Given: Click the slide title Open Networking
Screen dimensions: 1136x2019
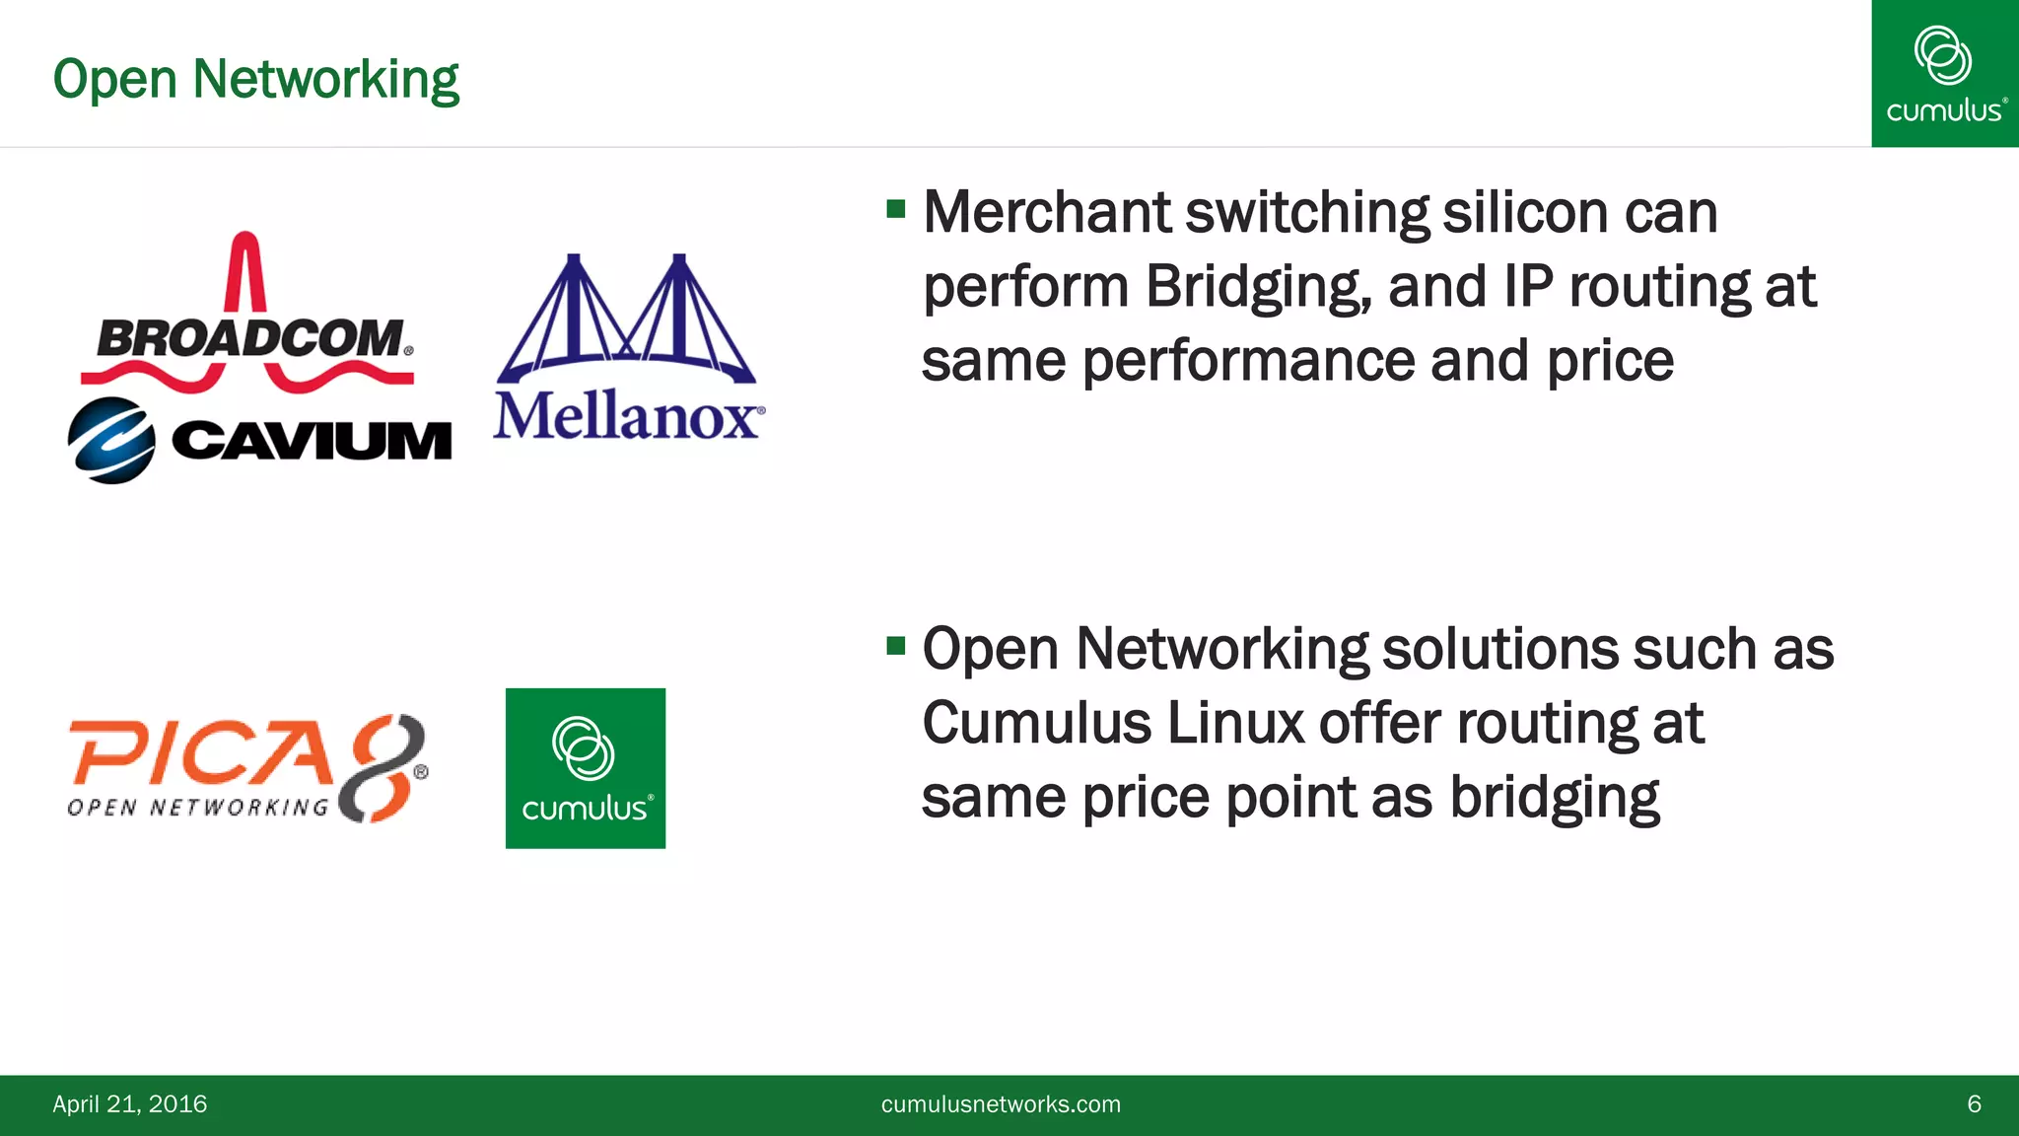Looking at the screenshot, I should tap(255, 79).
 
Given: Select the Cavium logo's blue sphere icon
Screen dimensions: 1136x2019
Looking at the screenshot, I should tap(111, 441).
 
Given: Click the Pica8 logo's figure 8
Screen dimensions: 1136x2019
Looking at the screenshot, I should tap(383, 767).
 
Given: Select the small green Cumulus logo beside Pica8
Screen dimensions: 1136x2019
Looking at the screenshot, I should tap(586, 768).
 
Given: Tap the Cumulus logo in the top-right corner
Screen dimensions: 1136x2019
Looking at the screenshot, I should tap(1944, 74).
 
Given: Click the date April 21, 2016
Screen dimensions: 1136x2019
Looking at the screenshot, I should tap(130, 1103).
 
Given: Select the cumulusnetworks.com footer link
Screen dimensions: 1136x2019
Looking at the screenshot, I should tap(1001, 1103).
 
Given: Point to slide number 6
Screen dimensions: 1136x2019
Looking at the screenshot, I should tap(1974, 1103).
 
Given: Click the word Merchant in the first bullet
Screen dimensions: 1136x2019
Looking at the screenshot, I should tap(1047, 212).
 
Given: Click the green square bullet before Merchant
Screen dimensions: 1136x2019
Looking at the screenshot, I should tap(895, 209).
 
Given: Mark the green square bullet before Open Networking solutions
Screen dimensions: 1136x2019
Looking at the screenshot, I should tap(895, 646).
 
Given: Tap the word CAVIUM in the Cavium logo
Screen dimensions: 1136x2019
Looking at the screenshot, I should tap(312, 441).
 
